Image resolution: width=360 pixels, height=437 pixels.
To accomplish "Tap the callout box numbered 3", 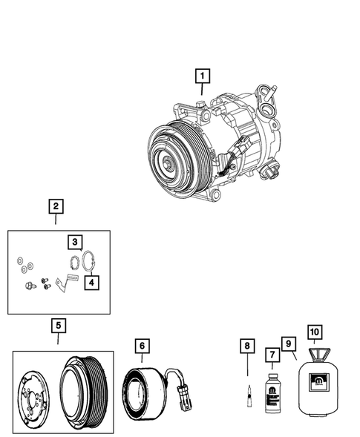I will coord(74,242).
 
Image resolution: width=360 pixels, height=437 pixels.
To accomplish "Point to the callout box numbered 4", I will coord(90,282).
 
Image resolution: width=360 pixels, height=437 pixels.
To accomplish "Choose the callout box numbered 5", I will coord(57,325).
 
